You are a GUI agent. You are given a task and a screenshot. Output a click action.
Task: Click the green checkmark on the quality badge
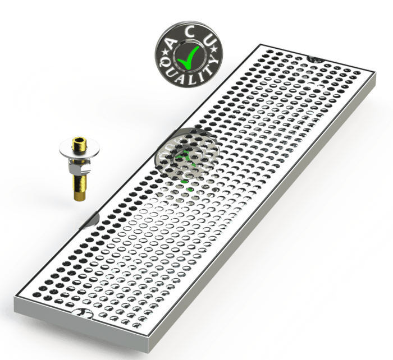point(188,58)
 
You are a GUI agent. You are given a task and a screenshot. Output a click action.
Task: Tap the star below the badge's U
point(214,49)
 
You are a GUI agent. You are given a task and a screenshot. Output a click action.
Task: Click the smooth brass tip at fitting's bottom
point(80,196)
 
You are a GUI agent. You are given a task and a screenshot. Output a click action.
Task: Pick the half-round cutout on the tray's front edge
point(83,313)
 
